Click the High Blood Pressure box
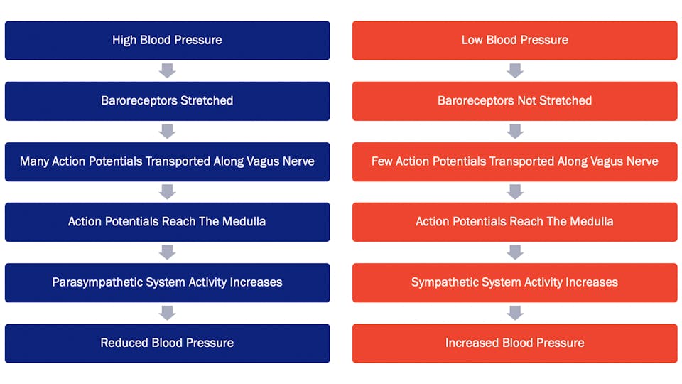point(168,41)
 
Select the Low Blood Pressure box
point(514,41)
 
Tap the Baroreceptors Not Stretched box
point(514,101)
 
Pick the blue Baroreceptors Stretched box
point(168,101)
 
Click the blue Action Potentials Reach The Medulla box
point(168,222)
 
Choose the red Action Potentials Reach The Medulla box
point(514,222)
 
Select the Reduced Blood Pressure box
point(168,343)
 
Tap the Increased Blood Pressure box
point(514,343)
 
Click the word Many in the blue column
point(34,161)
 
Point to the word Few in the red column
point(382,161)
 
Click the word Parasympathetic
point(97,282)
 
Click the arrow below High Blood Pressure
point(168,70)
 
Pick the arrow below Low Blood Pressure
point(515,70)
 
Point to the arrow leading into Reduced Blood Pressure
point(168,313)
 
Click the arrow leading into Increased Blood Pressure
point(515,313)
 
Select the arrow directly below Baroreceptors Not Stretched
point(515,131)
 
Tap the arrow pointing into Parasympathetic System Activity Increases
point(168,252)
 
